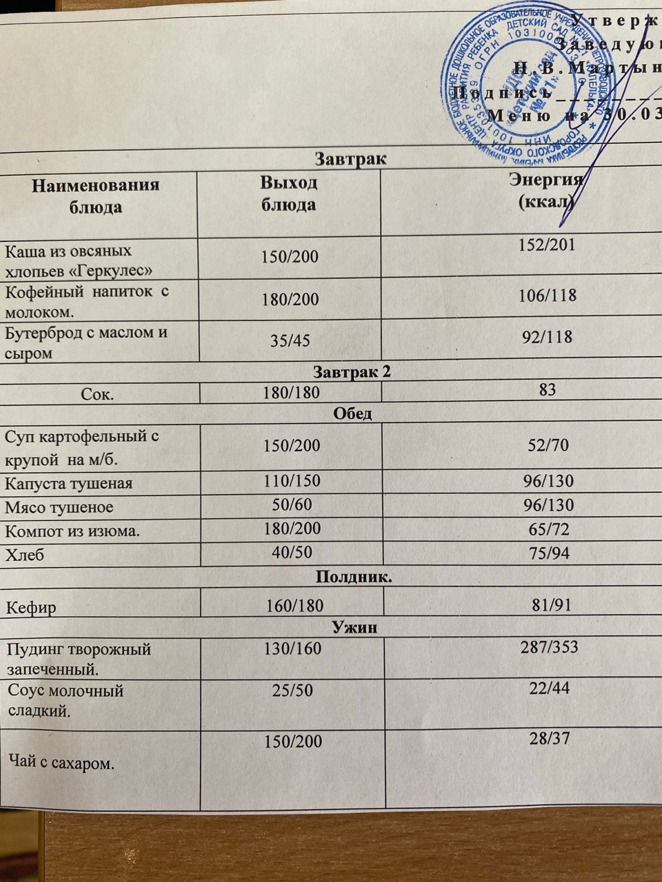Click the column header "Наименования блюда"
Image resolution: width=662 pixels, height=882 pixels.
click(x=97, y=196)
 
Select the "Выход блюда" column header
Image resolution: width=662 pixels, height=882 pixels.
click(x=288, y=194)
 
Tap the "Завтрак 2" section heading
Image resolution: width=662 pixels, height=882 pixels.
click(x=352, y=372)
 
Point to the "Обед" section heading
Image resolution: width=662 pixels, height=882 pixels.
click(x=352, y=413)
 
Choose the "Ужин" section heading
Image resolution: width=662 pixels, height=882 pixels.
click(x=354, y=628)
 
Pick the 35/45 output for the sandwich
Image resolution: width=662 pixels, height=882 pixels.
click(x=290, y=340)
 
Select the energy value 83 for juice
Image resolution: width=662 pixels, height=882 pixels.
click(x=548, y=390)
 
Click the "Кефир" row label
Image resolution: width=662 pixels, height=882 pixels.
click(x=32, y=608)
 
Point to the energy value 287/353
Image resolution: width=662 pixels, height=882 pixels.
click(x=549, y=647)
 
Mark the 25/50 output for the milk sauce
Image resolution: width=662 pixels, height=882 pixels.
click(x=292, y=690)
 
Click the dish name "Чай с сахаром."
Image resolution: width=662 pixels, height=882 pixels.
click(x=61, y=763)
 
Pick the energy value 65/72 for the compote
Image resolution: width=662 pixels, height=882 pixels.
click(x=548, y=530)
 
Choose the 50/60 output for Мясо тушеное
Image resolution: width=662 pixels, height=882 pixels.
click(x=292, y=505)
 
